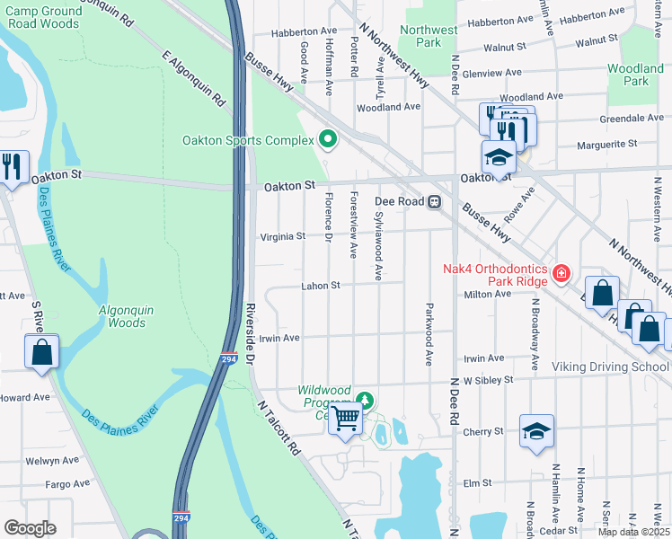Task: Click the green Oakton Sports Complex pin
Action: (327, 139)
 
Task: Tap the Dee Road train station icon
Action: (435, 202)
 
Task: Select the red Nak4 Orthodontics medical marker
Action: (561, 272)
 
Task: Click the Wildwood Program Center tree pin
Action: (364, 399)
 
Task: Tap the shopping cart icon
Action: (346, 418)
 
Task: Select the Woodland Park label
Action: (635, 75)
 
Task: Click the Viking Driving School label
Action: (609, 367)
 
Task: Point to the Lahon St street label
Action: (322, 287)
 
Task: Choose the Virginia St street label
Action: (283, 237)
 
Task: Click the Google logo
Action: (30, 528)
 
